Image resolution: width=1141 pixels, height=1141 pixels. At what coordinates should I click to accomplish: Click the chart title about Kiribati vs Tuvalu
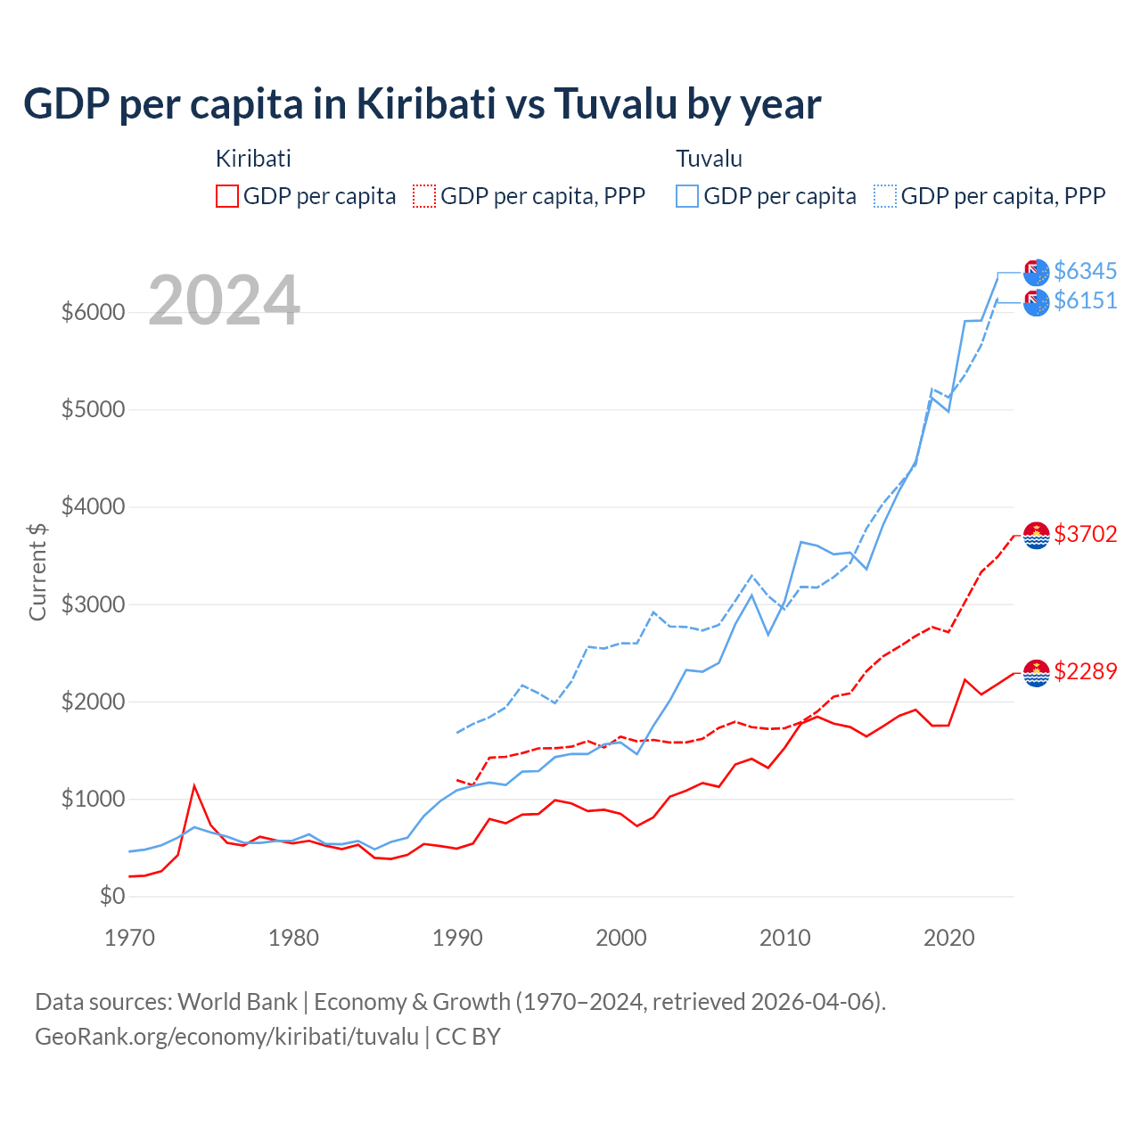422,104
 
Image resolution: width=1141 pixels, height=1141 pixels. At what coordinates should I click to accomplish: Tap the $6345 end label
1085,271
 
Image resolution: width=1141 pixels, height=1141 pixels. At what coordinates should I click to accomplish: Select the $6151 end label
1085,301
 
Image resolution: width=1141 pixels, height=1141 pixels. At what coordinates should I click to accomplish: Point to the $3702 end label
1085,534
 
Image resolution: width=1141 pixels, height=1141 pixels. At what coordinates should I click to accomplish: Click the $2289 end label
1085,671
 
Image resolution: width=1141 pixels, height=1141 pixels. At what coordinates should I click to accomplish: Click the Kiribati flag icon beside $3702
1036,535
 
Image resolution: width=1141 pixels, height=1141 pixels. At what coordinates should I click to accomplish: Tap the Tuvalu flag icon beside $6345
1036,272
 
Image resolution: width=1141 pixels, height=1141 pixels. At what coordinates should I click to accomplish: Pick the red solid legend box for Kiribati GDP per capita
227,196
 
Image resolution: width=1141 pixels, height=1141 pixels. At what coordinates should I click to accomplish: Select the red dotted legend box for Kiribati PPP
424,196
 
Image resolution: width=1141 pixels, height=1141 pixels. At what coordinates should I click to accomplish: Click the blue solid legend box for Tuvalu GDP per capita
687,196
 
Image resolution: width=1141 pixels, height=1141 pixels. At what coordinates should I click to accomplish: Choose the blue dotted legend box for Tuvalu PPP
885,196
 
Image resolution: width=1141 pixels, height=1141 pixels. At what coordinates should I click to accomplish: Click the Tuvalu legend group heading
709,159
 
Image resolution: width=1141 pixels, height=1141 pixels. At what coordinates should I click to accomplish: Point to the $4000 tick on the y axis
93,507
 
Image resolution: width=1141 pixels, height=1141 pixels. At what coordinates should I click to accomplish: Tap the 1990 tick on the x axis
457,938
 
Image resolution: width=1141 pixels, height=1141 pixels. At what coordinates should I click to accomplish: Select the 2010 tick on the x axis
784,938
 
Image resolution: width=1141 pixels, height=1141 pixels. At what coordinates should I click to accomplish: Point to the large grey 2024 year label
224,300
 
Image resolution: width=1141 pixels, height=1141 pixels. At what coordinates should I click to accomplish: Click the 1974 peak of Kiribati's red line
194,786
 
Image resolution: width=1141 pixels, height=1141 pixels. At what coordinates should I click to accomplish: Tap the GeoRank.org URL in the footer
226,1037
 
